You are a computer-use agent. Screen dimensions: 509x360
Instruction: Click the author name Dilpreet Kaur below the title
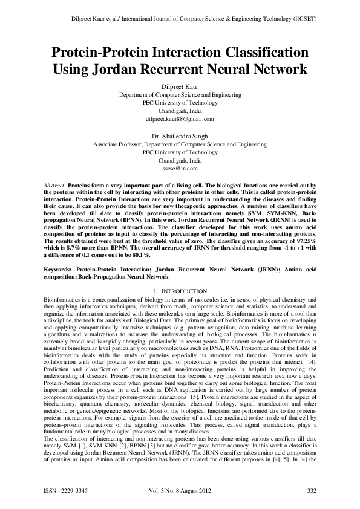click(180, 86)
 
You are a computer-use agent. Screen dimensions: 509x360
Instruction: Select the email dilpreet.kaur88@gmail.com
click(180, 120)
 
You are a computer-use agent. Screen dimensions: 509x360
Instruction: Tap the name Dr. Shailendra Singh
click(180, 137)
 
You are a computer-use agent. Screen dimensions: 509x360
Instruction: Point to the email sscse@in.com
click(180, 170)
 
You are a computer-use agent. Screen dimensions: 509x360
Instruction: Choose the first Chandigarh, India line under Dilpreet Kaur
click(180, 112)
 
